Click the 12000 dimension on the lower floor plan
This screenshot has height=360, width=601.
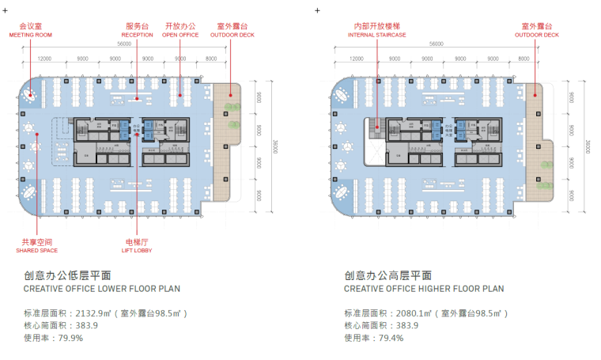tap(45, 59)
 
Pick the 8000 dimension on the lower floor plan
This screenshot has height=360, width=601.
tap(210, 59)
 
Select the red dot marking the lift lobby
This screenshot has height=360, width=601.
tap(138, 135)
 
